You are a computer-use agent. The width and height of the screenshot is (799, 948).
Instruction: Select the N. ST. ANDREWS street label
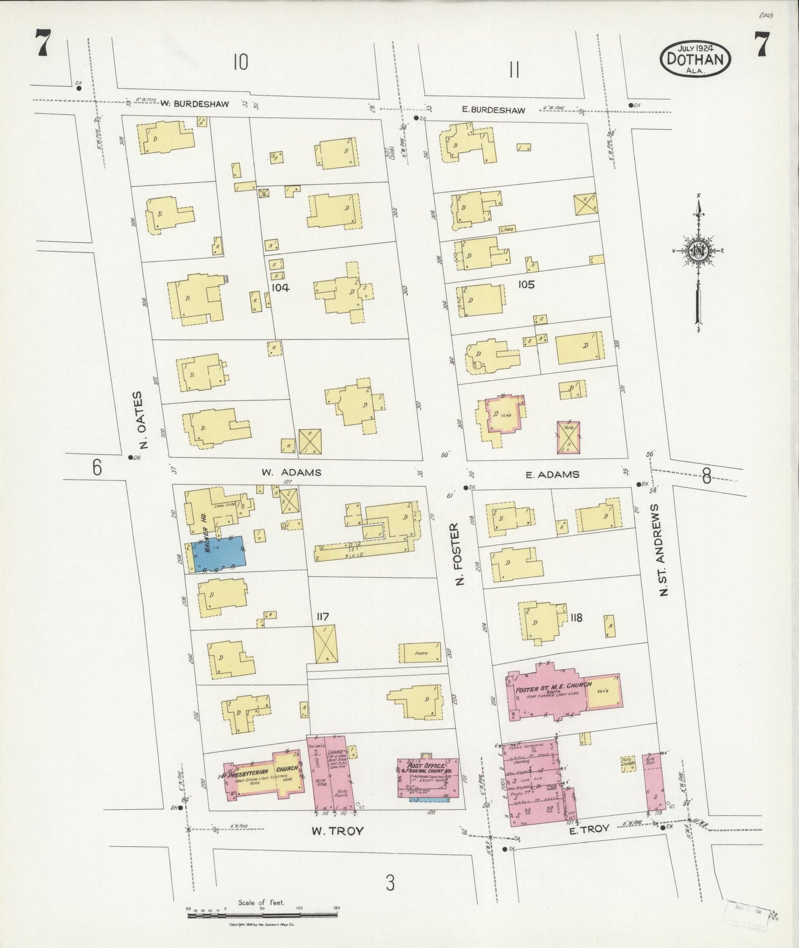(x=664, y=549)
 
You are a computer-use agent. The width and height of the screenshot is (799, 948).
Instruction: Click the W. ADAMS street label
(x=291, y=472)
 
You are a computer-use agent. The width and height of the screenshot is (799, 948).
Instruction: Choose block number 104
(x=280, y=288)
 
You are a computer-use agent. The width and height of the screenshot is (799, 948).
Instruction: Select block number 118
(x=576, y=618)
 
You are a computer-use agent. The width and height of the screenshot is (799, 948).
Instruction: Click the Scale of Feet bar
(x=262, y=915)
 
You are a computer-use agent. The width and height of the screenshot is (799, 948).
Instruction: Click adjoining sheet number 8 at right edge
(x=706, y=476)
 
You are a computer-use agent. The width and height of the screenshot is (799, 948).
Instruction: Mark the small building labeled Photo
(x=421, y=653)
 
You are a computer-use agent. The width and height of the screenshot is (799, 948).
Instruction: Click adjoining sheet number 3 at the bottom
(x=390, y=883)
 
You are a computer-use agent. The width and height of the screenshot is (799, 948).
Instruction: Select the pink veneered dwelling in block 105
(x=503, y=415)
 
